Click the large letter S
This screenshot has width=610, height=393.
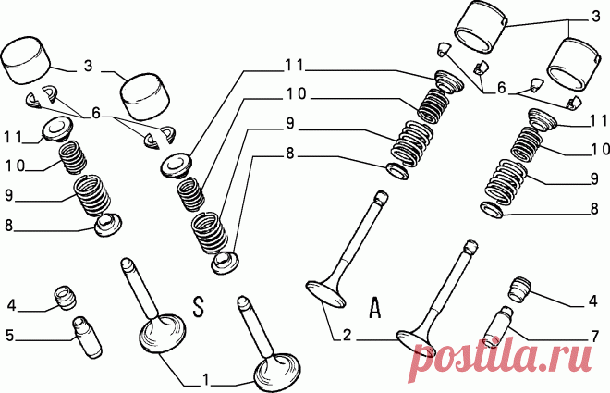tap(199, 306)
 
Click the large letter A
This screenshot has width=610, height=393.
tap(374, 307)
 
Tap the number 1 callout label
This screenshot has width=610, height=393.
tap(206, 379)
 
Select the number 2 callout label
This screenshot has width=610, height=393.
tap(347, 334)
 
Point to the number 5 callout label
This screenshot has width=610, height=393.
tap(10, 336)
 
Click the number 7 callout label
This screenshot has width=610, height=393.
tap(594, 337)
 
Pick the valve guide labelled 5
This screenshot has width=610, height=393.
tap(87, 337)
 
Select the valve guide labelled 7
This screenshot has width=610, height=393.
tap(497, 327)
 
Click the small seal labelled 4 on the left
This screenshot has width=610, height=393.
tap(65, 297)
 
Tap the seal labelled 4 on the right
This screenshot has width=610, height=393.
tap(519, 289)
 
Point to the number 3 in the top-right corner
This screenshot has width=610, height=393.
tap(595, 17)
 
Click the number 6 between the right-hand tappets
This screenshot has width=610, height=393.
tap(502, 89)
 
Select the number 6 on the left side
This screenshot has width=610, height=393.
tap(96, 113)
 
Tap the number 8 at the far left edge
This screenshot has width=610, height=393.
tap(9, 226)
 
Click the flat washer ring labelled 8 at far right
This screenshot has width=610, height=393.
tap(493, 209)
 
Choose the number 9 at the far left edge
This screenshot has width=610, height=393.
tap(9, 194)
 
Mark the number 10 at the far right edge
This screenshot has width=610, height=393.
tap(600, 149)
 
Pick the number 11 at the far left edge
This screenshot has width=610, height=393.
tap(13, 137)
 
